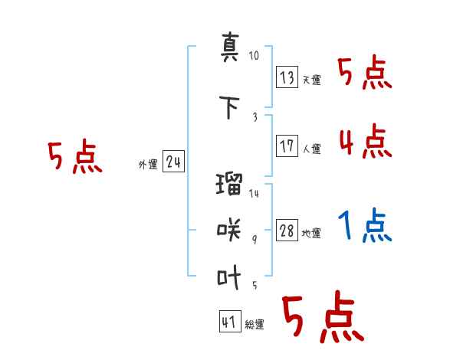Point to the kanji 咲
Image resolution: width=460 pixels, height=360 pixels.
[229, 228]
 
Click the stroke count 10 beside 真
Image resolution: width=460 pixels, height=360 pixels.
[255, 56]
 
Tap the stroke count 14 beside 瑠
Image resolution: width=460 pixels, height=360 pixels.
[255, 194]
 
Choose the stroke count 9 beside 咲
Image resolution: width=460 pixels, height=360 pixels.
[255, 238]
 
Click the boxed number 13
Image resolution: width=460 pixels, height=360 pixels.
[287, 77]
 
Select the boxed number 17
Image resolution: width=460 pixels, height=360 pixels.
[287, 146]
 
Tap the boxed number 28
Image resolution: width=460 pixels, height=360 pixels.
[287, 231]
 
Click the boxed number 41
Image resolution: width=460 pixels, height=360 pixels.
[229, 322]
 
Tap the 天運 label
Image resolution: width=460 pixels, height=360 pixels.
[311, 80]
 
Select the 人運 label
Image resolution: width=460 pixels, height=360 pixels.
[311, 149]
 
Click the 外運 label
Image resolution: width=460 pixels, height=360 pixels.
[147, 163]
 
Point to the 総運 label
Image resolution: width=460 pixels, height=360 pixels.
[254, 324]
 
